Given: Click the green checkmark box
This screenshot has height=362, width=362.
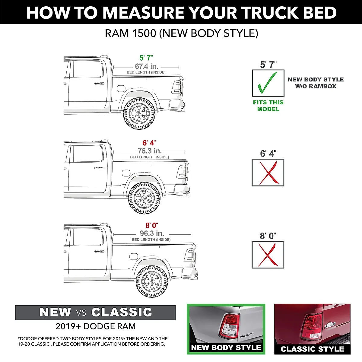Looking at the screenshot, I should coord(268,83).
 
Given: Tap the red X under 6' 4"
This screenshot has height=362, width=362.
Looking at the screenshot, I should coord(268,173).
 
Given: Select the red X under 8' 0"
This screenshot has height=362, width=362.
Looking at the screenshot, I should coord(268,255).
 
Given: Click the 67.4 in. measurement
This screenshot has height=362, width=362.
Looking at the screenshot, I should coord(146,66).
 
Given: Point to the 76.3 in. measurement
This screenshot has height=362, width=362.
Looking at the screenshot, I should coord(150,151).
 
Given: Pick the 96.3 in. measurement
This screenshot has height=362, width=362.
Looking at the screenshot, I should coord(152,233).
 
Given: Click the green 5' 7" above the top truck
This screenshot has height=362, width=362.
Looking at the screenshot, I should coord(146,58).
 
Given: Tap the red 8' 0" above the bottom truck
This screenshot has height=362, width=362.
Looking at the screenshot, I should coord(152,225).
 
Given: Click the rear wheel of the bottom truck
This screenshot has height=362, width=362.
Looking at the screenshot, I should coord(152,280).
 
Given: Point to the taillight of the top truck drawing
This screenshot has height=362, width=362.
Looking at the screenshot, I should coord(177,87).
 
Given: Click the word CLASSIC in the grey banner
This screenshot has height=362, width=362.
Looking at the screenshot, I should coord(122,312).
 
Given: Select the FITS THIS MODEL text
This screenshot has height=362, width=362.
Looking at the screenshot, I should coord(268,106).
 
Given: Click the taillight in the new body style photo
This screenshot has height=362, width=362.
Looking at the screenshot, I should coord(229,326).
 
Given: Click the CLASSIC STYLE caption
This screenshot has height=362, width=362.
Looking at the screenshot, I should coord(312,349).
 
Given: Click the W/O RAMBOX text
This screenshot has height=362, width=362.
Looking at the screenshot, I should coord(316,86).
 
